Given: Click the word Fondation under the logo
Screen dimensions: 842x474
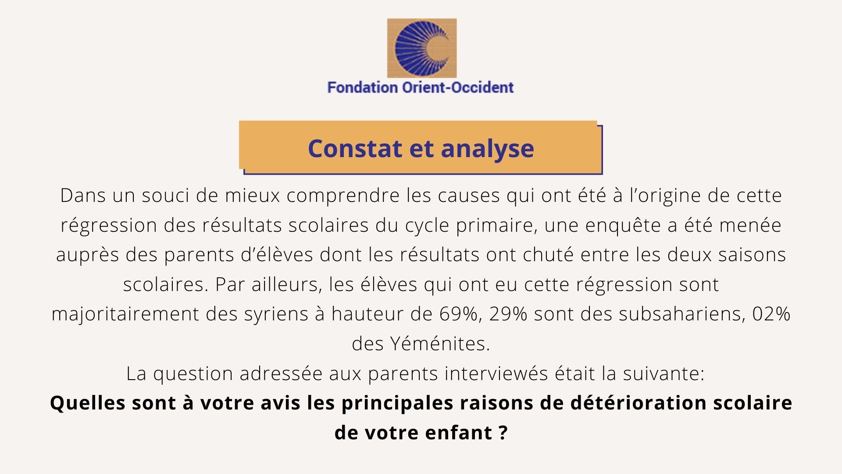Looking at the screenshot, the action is (362, 87).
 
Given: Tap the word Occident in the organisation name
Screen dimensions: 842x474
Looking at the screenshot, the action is (482, 87).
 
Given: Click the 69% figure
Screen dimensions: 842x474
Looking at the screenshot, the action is (458, 314).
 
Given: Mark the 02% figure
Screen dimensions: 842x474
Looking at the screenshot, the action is (771, 314).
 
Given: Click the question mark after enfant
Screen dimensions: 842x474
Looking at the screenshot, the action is (503, 433).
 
